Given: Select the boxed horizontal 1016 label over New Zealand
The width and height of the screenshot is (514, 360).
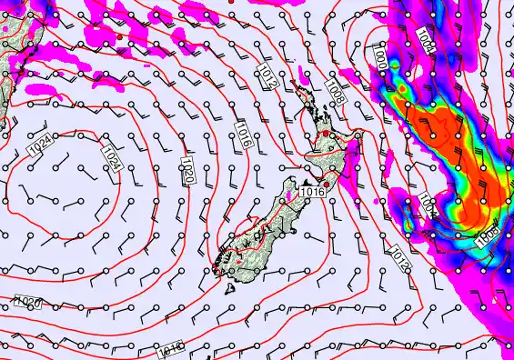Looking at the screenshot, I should pos(312,191).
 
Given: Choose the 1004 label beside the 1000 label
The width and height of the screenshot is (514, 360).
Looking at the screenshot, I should pos(426,38).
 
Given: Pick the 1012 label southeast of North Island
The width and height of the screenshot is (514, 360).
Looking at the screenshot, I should pos(398,258).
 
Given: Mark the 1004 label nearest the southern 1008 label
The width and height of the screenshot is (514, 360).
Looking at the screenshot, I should pos(429,206).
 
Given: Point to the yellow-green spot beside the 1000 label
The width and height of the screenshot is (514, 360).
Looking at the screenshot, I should pos(399,90).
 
